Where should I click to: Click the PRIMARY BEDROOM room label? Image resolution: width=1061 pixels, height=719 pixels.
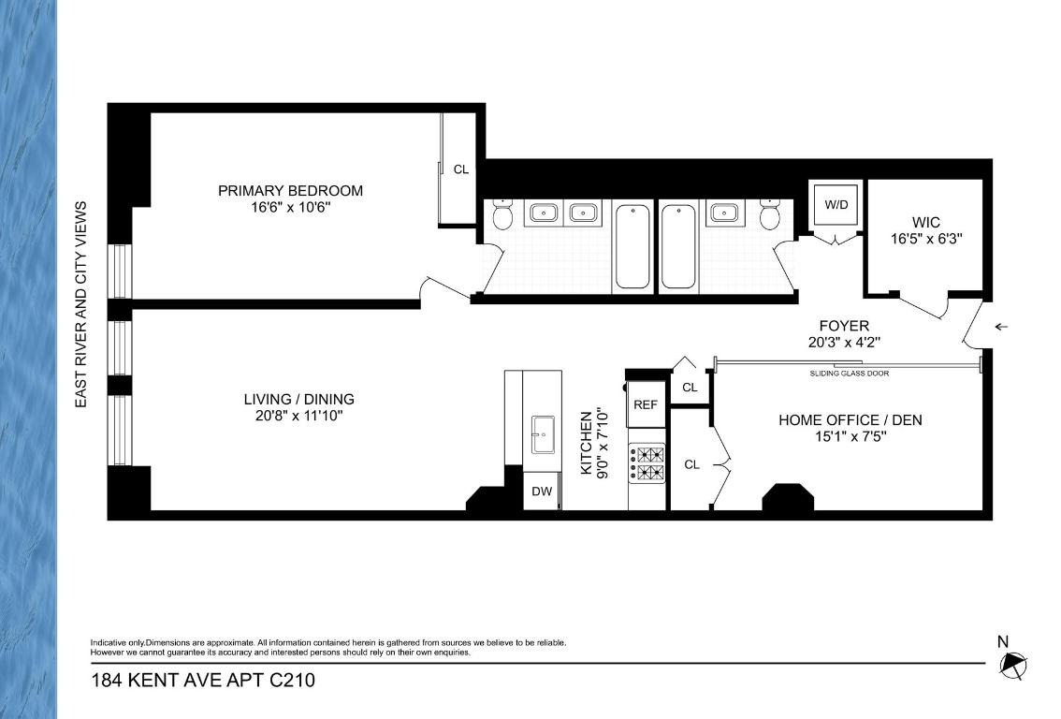290,191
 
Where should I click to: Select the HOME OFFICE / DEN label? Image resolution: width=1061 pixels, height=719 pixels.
850,420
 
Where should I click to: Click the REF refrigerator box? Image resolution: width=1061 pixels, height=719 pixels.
646,404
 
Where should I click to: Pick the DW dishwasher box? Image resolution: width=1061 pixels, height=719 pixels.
542,492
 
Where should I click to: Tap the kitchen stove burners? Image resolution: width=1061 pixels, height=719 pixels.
647,462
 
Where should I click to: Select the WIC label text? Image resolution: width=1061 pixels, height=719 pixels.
925,223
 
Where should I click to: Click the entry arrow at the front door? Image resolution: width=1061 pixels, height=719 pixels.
1001,327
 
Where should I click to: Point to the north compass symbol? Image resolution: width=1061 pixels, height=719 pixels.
1012,666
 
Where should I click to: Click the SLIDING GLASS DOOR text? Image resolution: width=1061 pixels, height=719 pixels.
850,374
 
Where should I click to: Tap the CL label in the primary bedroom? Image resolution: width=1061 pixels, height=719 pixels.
460,169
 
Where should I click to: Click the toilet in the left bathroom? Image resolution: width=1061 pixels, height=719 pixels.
501,216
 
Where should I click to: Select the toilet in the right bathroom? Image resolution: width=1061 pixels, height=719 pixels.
770,216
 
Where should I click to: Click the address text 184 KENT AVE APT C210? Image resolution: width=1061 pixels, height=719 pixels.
202,681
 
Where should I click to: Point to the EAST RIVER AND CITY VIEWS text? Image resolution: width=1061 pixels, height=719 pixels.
81,303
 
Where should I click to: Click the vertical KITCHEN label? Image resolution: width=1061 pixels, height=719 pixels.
587,442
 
